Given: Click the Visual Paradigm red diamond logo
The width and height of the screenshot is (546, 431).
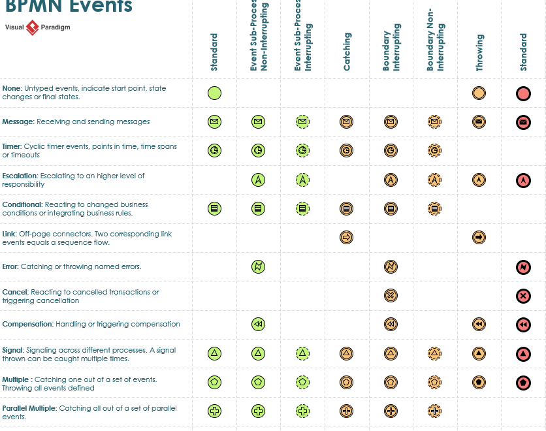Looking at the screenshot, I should click(x=33, y=28).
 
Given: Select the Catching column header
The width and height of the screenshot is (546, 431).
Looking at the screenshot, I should click(x=347, y=52).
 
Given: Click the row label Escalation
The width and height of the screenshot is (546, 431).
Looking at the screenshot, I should click(x=20, y=176).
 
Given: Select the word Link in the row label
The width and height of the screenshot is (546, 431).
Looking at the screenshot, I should click(x=9, y=234).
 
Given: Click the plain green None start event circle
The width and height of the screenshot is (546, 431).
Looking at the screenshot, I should click(x=214, y=93).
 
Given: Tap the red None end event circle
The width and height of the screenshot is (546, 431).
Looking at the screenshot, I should click(x=522, y=93).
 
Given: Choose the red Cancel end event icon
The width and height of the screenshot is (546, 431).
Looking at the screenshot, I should click(x=522, y=296).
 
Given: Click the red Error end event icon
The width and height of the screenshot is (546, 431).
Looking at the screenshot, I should click(x=522, y=266).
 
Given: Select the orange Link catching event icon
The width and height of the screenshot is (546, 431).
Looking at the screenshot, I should click(x=346, y=238).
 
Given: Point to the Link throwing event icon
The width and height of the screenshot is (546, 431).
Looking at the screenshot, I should click(x=479, y=238).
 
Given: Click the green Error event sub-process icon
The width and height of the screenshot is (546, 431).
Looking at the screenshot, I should click(x=258, y=266).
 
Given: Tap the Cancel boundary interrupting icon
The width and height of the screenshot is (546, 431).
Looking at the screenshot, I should click(x=391, y=296).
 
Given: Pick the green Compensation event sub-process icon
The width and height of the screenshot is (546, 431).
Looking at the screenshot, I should click(x=258, y=325).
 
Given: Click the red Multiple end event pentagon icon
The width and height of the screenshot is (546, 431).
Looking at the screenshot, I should click(x=522, y=382).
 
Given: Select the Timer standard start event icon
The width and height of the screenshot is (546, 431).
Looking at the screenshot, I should click(x=214, y=151).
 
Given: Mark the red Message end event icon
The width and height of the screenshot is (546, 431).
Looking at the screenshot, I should click(x=522, y=122).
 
